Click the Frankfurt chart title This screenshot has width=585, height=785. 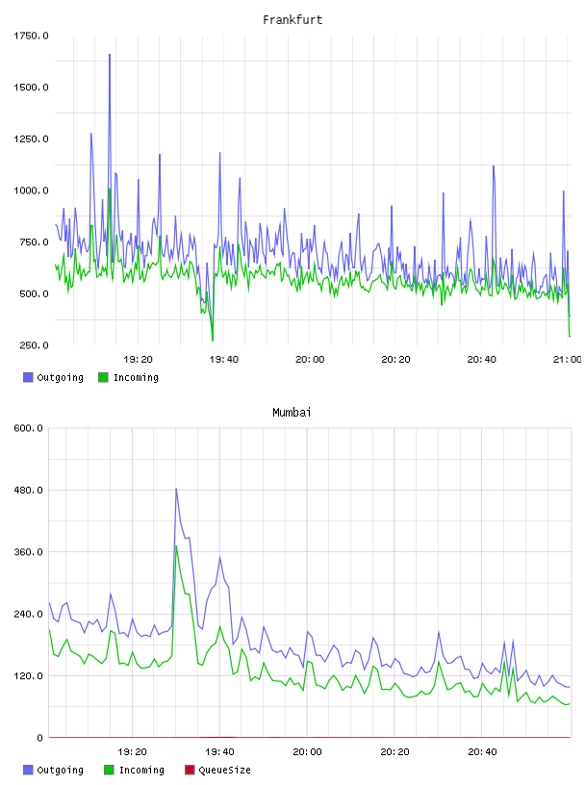tap(292, 20)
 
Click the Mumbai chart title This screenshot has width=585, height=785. tap(292, 413)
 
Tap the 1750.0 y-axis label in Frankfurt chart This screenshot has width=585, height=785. tap(31, 36)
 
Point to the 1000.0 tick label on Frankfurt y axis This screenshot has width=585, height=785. tap(31, 190)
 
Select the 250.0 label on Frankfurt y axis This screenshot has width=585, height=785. tap(34, 345)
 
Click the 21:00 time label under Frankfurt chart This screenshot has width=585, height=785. tap(568, 360)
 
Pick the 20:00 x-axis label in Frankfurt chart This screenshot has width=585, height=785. tap(310, 360)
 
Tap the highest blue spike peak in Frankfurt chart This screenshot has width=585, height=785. tap(110, 54)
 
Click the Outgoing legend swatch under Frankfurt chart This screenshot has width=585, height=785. tap(28, 377)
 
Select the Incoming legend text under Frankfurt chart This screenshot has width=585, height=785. tap(136, 377)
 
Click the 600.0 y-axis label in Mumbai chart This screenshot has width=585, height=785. tap(28, 428)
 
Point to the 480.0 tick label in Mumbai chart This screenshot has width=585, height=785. tap(28, 490)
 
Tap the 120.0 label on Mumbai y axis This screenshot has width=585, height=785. tap(28, 676)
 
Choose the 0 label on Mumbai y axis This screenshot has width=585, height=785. tap(39, 738)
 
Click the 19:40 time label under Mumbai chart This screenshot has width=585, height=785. tap(220, 752)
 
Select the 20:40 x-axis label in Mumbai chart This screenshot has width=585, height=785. tap(482, 752)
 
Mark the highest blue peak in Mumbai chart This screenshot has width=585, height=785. tap(176, 489)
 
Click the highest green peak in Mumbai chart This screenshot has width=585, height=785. tap(176, 545)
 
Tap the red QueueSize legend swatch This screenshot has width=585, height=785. tap(190, 770)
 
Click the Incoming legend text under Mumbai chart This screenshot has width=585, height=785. tap(141, 770)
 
